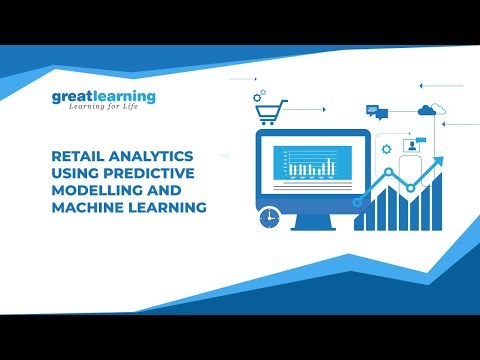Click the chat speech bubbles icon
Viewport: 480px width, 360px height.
click(374, 110)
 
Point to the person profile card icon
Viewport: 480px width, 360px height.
click(411, 146)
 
